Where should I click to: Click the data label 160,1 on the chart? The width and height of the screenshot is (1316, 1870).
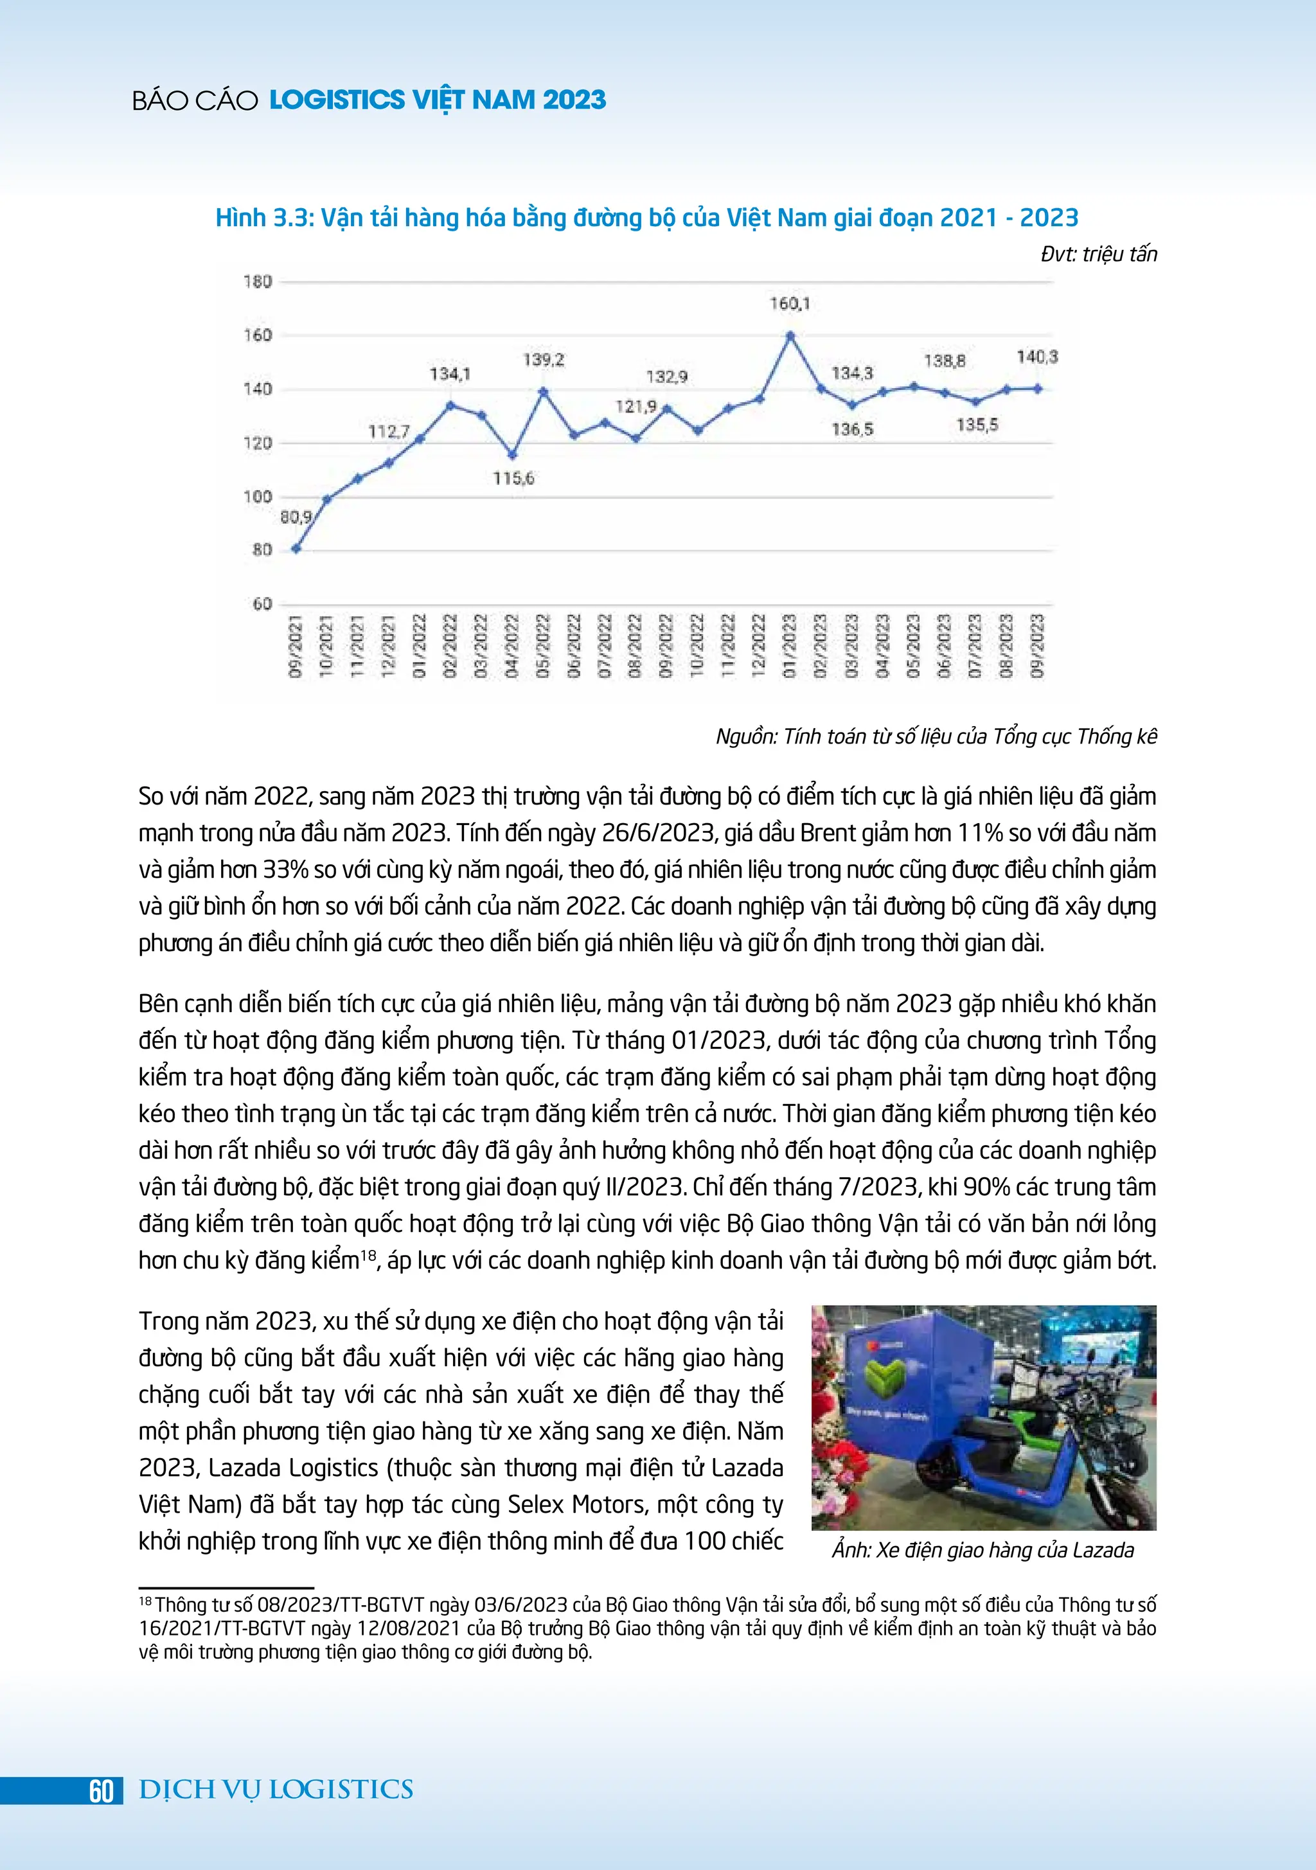[790, 304]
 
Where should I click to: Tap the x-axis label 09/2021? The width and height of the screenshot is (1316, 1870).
[296, 646]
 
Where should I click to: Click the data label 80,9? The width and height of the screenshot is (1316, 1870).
[296, 517]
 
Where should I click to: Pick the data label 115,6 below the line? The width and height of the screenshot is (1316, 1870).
[513, 478]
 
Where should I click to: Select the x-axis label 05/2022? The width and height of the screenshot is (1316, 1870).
[543, 646]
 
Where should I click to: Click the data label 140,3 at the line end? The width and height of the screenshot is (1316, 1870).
[1036, 357]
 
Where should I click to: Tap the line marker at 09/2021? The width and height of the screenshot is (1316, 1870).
[296, 548]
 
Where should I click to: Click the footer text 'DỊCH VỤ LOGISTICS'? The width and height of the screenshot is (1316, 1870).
[276, 1790]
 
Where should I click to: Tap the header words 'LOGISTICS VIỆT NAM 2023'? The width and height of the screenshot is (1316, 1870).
[438, 100]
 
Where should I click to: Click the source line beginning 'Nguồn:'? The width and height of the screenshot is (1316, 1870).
[936, 736]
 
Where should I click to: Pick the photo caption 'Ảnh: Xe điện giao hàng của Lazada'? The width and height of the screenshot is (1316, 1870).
[982, 1550]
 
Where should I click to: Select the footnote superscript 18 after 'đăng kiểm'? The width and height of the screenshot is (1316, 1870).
[369, 1254]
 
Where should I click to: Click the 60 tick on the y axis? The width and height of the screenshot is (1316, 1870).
[262, 604]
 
